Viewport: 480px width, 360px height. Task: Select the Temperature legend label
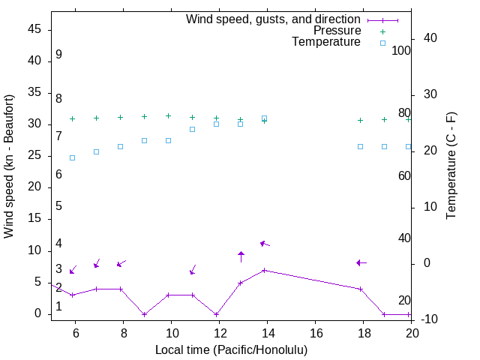pos(326,42)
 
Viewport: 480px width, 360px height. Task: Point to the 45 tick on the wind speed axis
pos(34,29)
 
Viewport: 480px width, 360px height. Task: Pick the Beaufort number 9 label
pos(58,55)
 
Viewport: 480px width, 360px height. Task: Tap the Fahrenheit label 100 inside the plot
pos(401,51)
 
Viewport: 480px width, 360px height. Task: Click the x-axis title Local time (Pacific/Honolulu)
pos(231,349)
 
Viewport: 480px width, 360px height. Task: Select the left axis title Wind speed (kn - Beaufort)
pos(9,166)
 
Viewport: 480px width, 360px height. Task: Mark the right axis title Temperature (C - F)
pos(451,166)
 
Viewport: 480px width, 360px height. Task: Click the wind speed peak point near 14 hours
pos(264,270)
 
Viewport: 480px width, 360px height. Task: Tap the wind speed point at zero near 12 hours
pos(216,314)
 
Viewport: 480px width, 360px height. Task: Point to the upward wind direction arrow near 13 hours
pos(241,256)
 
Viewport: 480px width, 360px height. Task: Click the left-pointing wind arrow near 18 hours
pos(361,262)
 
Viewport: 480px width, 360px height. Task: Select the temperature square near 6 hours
pos(72,157)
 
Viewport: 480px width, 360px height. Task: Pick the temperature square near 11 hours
pos(192,129)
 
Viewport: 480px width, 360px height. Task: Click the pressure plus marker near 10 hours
pos(168,116)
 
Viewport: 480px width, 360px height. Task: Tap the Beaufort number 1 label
pos(58,306)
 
